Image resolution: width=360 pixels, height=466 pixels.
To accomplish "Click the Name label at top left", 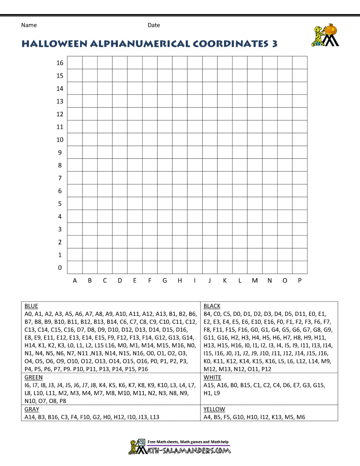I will pos(29,25).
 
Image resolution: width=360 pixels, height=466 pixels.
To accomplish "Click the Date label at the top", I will pos(154,25).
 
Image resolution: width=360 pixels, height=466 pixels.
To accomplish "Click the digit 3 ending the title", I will pos(275,44).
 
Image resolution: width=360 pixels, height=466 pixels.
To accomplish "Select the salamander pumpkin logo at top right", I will pos(325,35).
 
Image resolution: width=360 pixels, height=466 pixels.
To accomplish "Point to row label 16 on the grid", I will pos(60,63).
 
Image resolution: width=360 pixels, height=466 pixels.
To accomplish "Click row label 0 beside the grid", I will pos(60,268).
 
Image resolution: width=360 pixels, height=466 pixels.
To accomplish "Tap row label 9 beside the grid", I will pos(60,153).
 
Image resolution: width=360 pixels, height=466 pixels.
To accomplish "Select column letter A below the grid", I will pos(75,281).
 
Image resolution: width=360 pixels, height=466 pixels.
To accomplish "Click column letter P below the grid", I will pos(300,281).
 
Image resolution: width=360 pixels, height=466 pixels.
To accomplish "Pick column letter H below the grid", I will pos(180,281).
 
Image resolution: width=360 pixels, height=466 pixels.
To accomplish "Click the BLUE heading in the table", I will pos(31,306).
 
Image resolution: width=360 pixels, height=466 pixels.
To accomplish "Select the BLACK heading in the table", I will pos(212,306).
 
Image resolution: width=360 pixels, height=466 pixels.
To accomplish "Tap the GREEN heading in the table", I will pos(33,377).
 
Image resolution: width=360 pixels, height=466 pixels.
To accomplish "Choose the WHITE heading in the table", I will pos(212,377).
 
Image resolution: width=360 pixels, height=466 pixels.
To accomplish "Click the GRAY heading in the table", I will pos(32,409).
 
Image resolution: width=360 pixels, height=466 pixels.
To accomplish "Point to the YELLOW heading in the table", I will pos(214,409).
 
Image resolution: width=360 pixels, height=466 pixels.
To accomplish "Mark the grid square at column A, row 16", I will pos(75,63).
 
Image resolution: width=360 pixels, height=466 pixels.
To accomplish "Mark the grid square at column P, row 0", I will pos(300,267).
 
